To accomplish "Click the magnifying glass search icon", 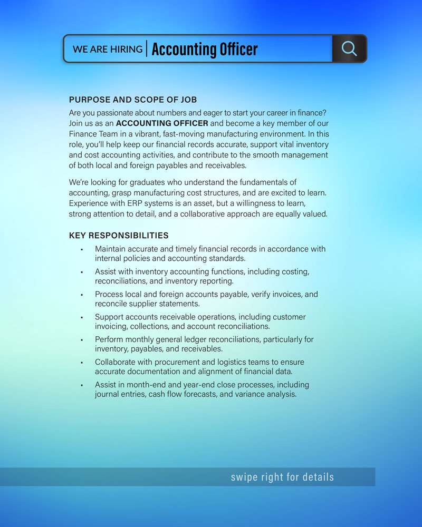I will (349, 48).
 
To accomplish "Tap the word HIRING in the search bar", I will (127, 49).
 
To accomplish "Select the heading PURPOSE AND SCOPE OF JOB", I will (133, 100).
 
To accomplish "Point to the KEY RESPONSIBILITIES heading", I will (119, 235).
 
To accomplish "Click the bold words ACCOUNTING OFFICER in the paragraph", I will (162, 123).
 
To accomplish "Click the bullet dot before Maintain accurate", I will (82, 249).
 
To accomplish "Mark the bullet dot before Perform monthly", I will (82, 340).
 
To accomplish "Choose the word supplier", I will (146, 304).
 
